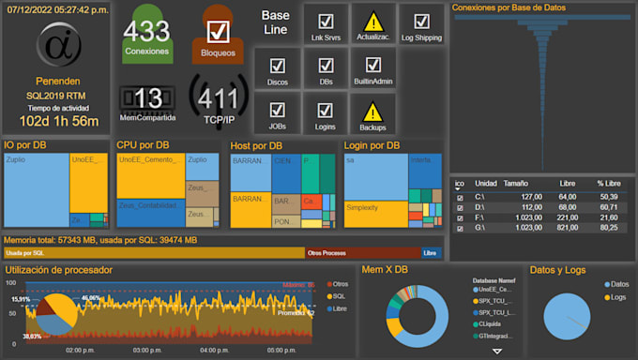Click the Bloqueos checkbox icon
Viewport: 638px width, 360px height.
(219, 32)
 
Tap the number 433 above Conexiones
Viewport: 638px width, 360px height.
(146, 32)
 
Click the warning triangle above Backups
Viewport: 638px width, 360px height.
(373, 110)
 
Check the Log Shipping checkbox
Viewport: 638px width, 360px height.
(421, 21)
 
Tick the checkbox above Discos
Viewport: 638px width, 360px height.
(277, 66)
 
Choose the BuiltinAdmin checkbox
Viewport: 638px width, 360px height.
(373, 66)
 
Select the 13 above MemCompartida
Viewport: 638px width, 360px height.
(147, 98)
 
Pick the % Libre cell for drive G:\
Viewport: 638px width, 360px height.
(607, 228)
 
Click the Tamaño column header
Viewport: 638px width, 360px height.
(515, 184)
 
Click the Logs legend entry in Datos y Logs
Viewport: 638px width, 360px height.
(616, 296)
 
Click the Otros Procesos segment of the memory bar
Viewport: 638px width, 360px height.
(360, 253)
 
